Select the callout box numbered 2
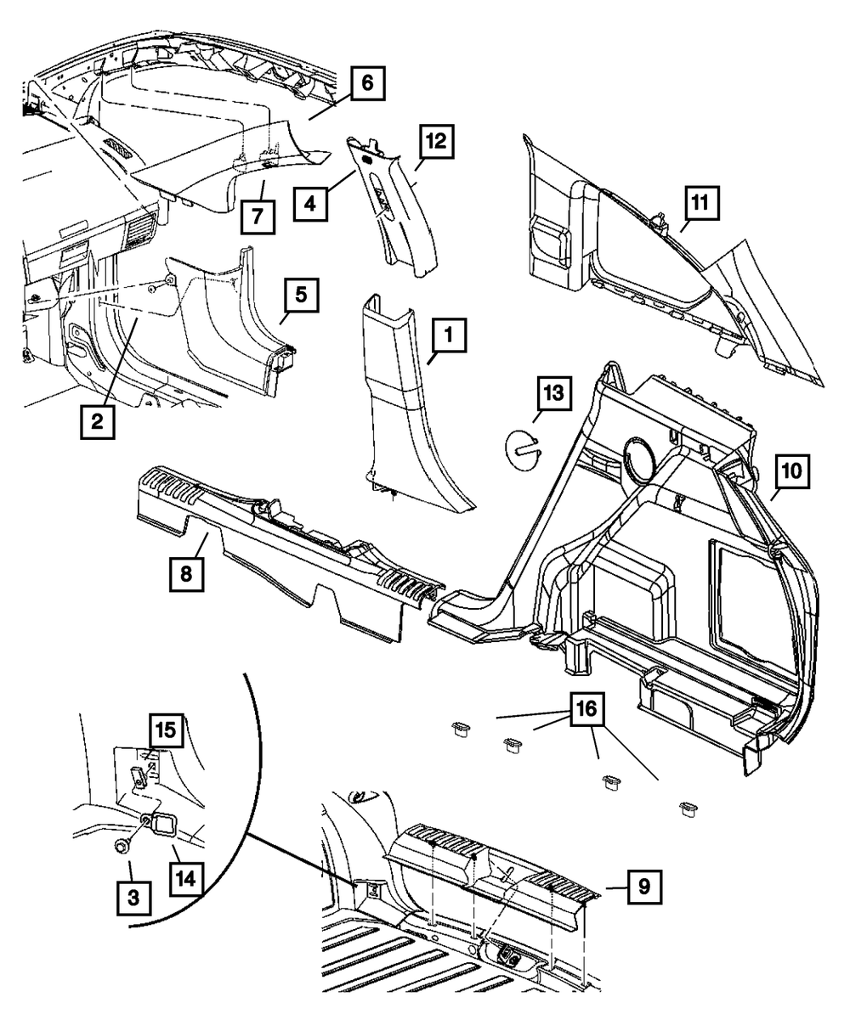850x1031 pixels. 98,421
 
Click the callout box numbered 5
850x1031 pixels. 301,298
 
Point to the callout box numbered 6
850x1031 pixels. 366,84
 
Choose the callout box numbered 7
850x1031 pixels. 257,217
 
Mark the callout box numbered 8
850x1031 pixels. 186,574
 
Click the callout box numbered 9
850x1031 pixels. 644,888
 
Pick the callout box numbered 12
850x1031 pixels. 435,141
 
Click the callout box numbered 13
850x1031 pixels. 553,395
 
